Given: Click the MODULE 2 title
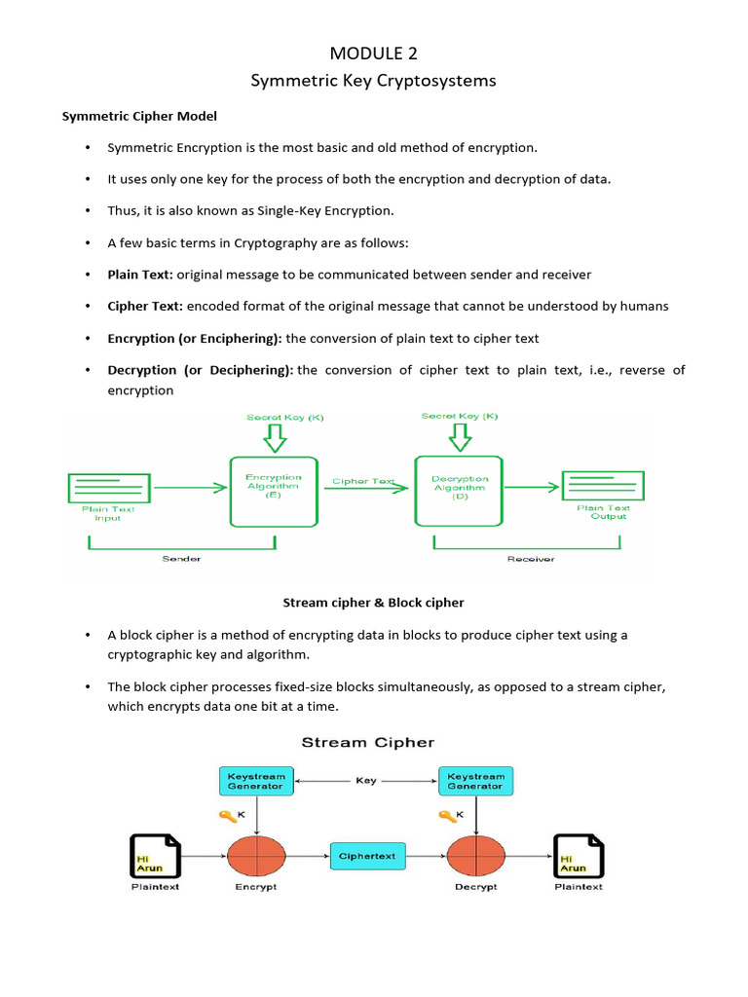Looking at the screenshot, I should coord(374,52).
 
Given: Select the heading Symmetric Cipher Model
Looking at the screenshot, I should coord(139,116).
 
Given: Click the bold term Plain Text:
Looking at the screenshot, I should coord(140,275).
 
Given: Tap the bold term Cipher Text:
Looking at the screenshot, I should coord(145,306).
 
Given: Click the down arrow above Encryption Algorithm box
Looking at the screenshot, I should coord(276,438).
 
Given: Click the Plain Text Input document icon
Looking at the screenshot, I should coord(109,487).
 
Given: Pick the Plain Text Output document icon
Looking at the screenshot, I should coord(603,485).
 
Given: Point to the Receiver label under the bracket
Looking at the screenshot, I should coord(530,559).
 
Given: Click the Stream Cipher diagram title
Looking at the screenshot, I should coord(368,742).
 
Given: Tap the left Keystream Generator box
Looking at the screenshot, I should coord(256,781).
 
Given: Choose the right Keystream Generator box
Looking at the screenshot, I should coord(475,781).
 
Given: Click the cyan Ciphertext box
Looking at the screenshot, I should coord(367,856).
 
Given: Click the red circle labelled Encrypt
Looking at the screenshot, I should coord(256,856).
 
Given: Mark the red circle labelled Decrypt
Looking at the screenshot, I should coord(475,856).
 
